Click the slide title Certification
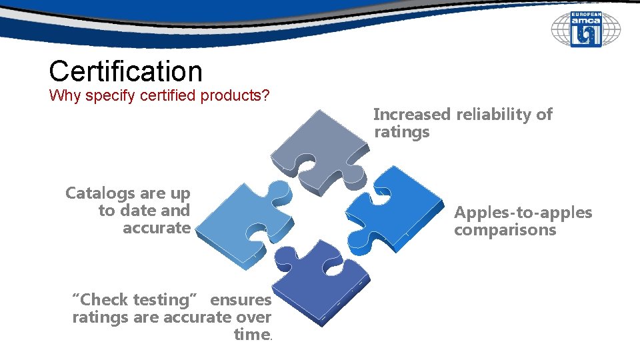[125, 71]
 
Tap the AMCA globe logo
[585, 29]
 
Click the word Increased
[411, 115]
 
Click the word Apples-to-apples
[523, 213]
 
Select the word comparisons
[505, 230]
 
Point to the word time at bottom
[251, 335]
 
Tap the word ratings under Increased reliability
[401, 132]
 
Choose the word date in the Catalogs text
[139, 211]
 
